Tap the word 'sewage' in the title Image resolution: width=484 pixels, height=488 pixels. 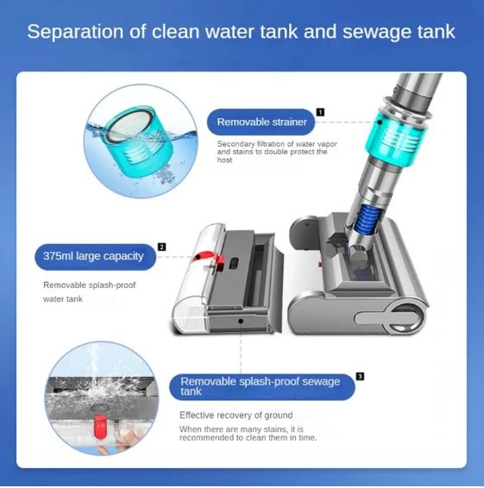click(372, 34)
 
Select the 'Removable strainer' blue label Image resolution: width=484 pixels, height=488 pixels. click(257, 122)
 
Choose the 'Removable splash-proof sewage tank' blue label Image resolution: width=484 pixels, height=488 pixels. click(261, 386)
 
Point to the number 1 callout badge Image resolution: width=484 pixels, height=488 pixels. click(320, 111)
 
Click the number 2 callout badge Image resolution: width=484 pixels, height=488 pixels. click(161, 247)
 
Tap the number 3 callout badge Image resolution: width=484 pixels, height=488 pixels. click(360, 376)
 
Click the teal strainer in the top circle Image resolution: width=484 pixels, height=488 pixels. click(128, 138)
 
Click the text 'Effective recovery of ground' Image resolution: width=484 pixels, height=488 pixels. click(236, 416)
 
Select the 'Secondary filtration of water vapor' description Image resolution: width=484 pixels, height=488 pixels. click(272, 144)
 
